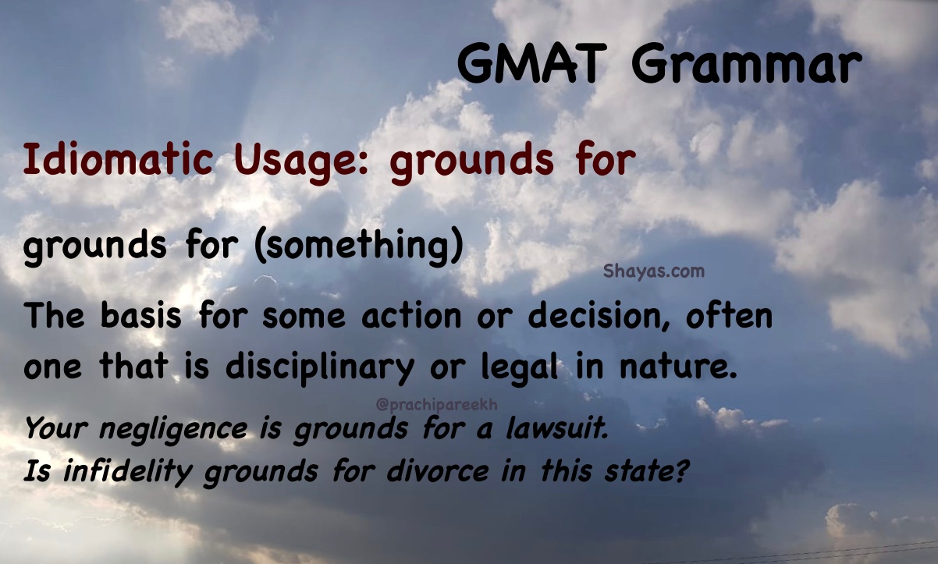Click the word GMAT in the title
pyautogui.click(x=531, y=63)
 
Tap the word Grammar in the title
pyautogui.click(x=746, y=64)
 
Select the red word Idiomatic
pyautogui.click(x=119, y=160)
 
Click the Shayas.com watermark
pyautogui.click(x=654, y=271)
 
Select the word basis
pyautogui.click(x=140, y=315)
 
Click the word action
pyautogui.click(x=411, y=316)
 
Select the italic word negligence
pyautogui.click(x=173, y=430)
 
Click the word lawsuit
pyautogui.click(x=557, y=428)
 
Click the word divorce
pyautogui.click(x=438, y=471)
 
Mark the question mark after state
pyautogui.click(x=681, y=470)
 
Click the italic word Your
pyautogui.click(x=56, y=428)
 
